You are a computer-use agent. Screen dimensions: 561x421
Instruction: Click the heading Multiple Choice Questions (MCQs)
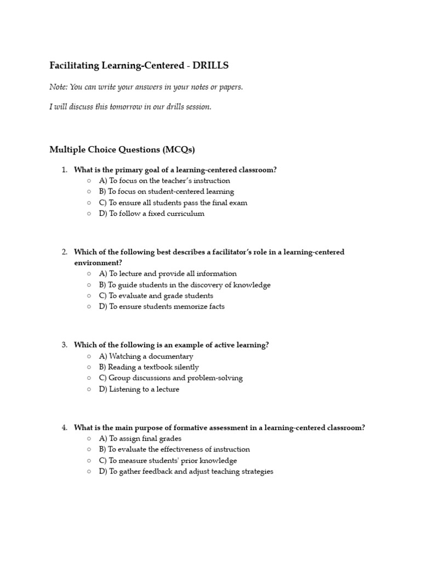tap(122, 150)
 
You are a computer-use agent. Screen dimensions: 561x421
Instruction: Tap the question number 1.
tap(64, 170)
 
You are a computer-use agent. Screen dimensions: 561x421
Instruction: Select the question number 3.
tap(64, 345)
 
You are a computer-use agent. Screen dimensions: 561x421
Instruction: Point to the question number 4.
tap(64, 427)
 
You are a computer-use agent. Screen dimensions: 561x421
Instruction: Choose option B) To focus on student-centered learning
tap(167, 192)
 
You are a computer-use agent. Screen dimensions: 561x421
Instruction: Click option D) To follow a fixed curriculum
tap(152, 214)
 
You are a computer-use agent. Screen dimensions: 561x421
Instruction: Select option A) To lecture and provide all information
tap(168, 274)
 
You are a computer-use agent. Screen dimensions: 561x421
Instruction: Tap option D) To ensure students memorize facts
tap(162, 307)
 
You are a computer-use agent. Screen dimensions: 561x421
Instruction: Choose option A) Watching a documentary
tap(146, 356)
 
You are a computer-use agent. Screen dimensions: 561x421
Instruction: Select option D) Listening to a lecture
tap(139, 390)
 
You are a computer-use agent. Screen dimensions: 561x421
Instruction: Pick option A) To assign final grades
tap(140, 439)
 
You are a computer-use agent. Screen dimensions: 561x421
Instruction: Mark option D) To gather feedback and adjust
tap(186, 472)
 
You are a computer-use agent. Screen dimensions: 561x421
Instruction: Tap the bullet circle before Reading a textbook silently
tap(89, 367)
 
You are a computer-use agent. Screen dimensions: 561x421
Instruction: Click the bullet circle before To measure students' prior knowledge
tap(89, 461)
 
